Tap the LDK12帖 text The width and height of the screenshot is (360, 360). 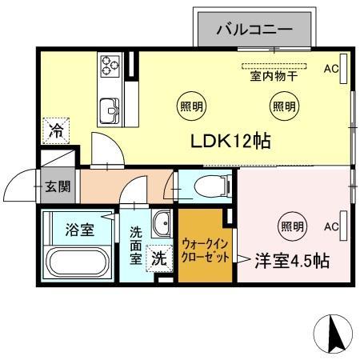[230, 142]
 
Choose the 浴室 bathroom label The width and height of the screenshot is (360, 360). [79, 230]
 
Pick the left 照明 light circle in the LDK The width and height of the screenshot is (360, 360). [190, 105]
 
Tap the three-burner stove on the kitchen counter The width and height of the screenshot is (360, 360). [109, 66]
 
